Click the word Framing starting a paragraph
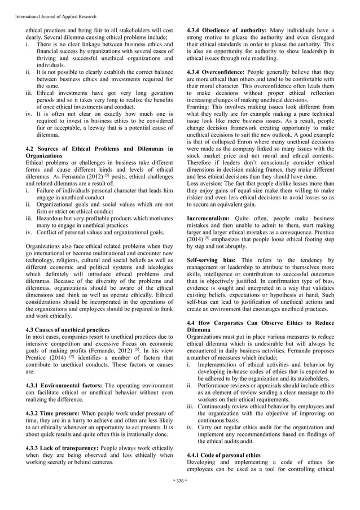(x=199, y=106)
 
